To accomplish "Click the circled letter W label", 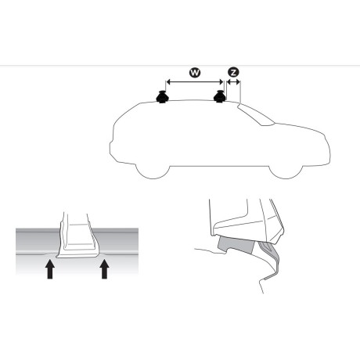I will pyautogui.click(x=194, y=73).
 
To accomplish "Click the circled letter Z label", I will pyautogui.click(x=232, y=73).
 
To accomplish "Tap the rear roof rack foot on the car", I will pyautogui.click(x=162, y=99).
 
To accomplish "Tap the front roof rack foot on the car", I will pyautogui.click(x=221, y=99).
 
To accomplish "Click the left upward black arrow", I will pyautogui.click(x=50, y=269).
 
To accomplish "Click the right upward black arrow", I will pyautogui.click(x=104, y=269).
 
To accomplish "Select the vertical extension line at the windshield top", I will pyautogui.click(x=240, y=90).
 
